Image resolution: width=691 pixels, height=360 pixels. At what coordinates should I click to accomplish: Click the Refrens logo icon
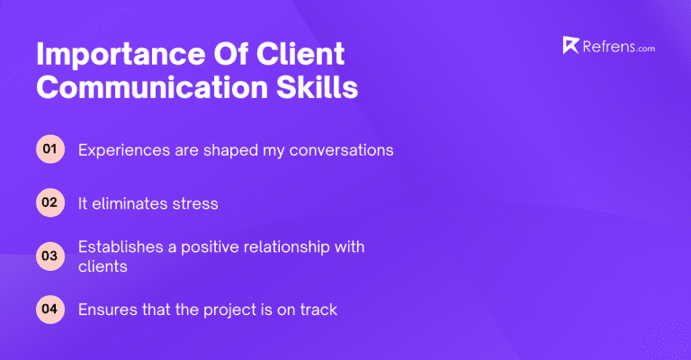click(570, 46)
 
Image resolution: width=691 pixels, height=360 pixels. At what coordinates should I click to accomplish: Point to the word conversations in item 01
click(341, 150)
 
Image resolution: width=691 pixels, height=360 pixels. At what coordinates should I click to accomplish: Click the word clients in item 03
click(101, 266)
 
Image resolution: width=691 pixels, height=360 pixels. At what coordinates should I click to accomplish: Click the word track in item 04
click(318, 310)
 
